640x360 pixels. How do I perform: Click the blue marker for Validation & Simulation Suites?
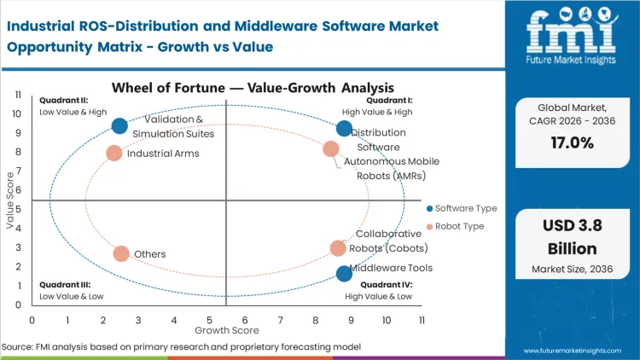pyautogui.click(x=119, y=126)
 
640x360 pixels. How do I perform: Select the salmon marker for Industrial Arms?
pyautogui.click(x=114, y=154)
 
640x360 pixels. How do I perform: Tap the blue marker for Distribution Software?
pyautogui.click(x=344, y=129)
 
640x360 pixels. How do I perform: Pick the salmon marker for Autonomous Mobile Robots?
pyautogui.click(x=331, y=149)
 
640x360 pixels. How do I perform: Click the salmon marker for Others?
pyautogui.click(x=121, y=253)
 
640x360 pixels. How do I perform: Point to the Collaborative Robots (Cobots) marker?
pyautogui.click(x=339, y=248)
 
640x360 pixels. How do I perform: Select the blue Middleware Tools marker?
pyautogui.click(x=344, y=274)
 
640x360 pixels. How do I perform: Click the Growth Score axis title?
pyautogui.click(x=226, y=329)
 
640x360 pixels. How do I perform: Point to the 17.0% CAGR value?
pyautogui.click(x=570, y=142)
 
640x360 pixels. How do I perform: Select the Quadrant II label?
pyautogui.click(x=63, y=100)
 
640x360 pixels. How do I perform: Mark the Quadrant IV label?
pyautogui.click(x=389, y=285)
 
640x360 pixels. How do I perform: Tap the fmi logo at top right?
pyautogui.click(x=570, y=38)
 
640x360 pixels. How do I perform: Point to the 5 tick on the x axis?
pyautogui.click(x=209, y=320)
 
